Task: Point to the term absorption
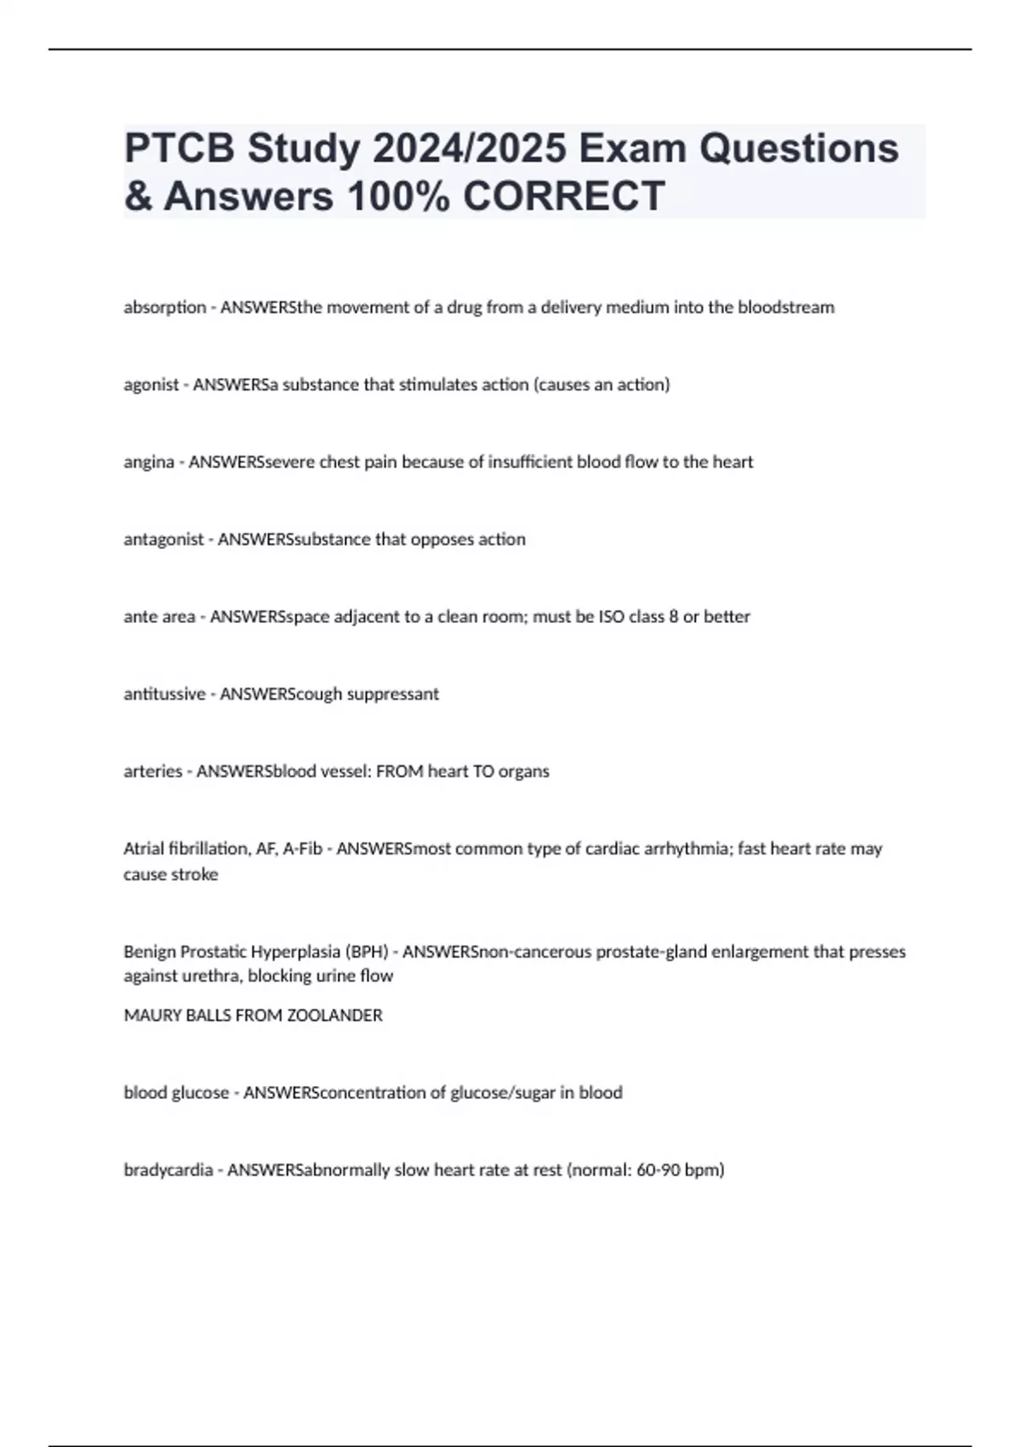pyautogui.click(x=165, y=307)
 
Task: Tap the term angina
pyautogui.click(x=149, y=462)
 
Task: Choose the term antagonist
pyautogui.click(x=163, y=540)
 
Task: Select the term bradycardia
pyautogui.click(x=168, y=1170)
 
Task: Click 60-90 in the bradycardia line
pyautogui.click(x=658, y=1170)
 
